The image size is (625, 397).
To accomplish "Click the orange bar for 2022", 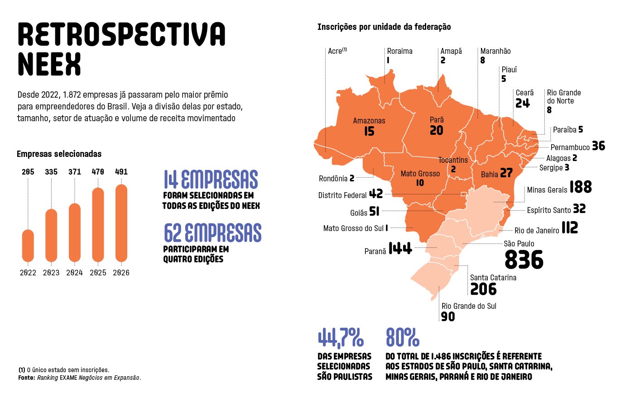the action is pos(28,246).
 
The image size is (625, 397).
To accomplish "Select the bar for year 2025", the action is pos(98,225).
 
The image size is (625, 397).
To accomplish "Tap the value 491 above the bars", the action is pos(121,172).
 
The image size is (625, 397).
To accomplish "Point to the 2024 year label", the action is pos(74,273).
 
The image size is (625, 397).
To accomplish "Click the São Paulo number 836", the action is pos(524,260).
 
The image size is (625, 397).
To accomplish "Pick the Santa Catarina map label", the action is pos(493,278).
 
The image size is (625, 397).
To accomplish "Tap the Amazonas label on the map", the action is pos(369,121).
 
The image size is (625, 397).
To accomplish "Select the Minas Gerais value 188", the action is pos(580,187).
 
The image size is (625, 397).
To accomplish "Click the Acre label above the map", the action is pos(337,51).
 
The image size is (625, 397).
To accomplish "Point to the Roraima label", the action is pos(399,51).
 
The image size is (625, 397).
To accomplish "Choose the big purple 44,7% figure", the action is pos(341,338).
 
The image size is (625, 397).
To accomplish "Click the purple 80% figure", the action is pos(402,337).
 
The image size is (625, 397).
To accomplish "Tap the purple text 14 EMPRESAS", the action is pos(211,179).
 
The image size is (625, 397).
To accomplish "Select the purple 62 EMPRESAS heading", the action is pos(212,232).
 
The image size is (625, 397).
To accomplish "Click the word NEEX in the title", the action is pos(49,64).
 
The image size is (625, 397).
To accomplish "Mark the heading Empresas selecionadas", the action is pos(59,154).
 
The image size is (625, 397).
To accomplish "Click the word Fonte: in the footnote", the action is pos(27,378).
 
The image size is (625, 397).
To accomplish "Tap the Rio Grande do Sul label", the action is pos(469,306).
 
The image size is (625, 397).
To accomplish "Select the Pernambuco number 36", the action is pos(598,146).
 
